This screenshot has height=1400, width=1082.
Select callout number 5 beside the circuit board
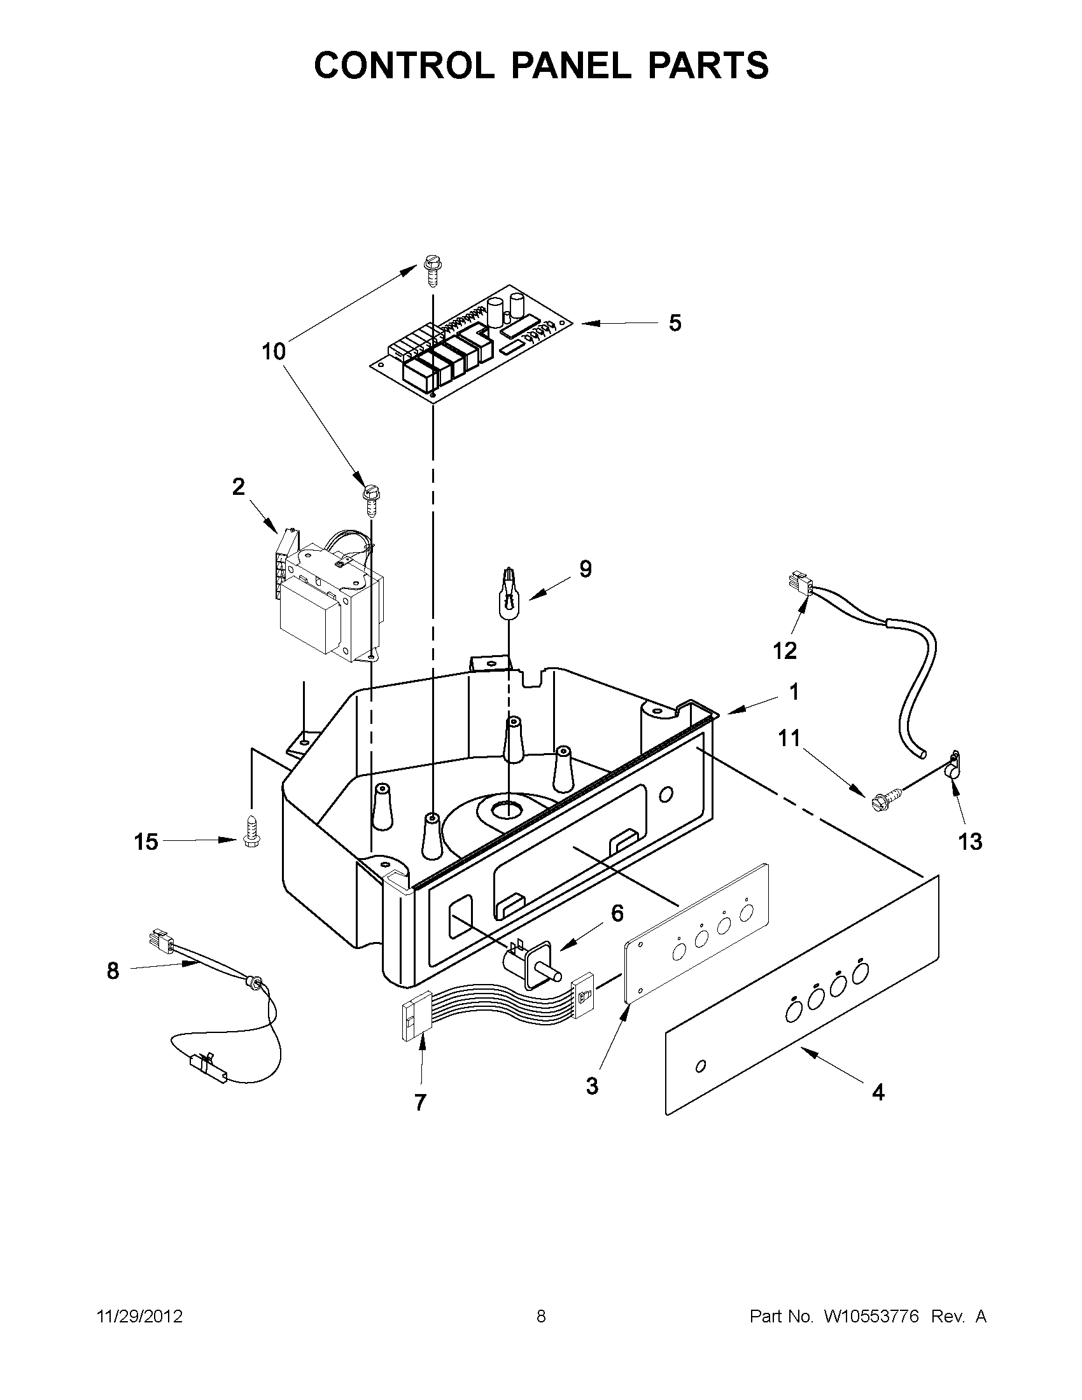tap(675, 323)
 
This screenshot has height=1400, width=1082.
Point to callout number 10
tap(274, 351)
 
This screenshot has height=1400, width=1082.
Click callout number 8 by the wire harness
tap(113, 971)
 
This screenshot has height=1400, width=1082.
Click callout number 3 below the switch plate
tap(592, 1086)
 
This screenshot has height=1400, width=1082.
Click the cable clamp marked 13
tap(954, 766)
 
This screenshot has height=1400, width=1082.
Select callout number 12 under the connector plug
tap(784, 651)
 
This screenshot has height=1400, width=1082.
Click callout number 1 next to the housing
tap(794, 691)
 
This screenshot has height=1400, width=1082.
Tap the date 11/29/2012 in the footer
tap(140, 1317)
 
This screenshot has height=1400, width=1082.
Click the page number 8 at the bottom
tap(540, 1317)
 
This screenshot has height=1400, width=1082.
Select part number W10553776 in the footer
tap(870, 1317)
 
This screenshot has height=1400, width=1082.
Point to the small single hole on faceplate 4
tap(700, 1065)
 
